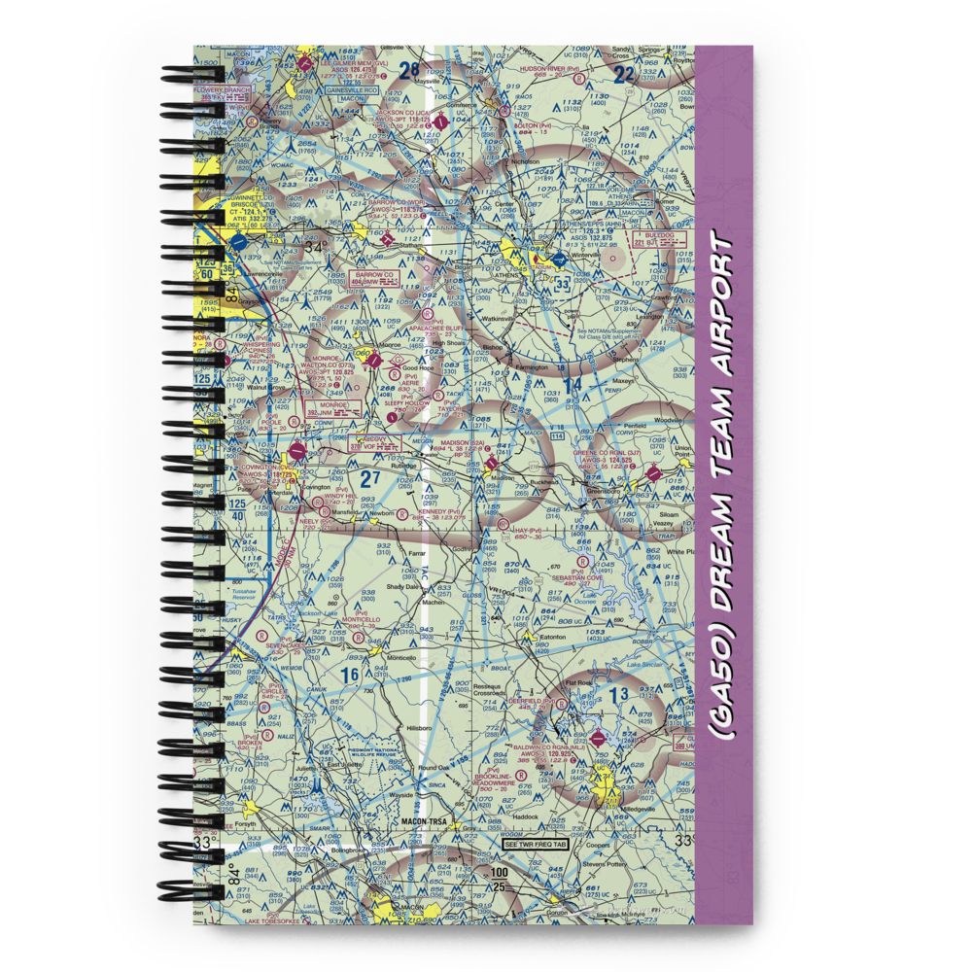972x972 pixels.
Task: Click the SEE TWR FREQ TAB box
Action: pos(534,845)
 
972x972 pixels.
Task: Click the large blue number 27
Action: pos(370,477)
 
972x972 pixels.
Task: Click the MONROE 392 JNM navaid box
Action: pos(326,407)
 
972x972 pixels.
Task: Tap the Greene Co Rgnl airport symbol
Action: pos(654,473)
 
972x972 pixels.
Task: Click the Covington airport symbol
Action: pos(297,453)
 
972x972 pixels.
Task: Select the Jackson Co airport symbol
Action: pos(443,123)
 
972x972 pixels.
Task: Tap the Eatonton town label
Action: pos(552,637)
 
